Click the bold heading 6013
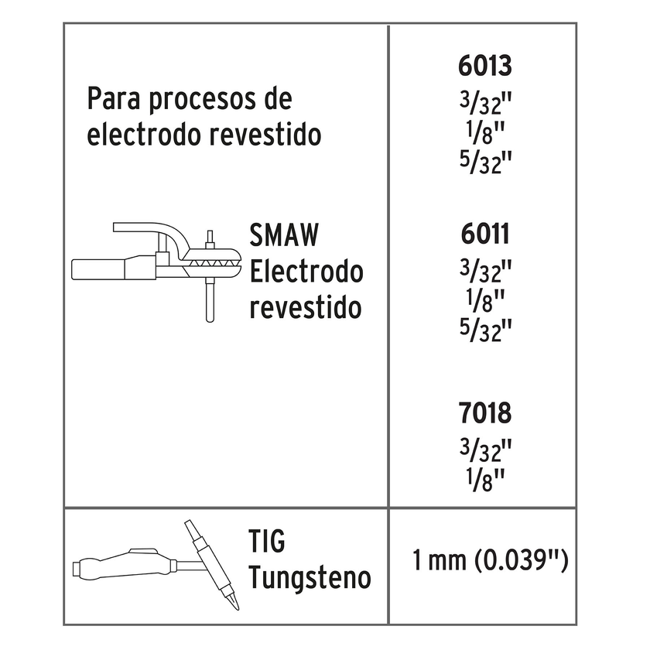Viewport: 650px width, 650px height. pyautogui.click(x=484, y=66)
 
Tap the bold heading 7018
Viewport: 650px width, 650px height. pyautogui.click(x=484, y=413)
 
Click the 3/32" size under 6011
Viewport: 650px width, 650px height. pyautogui.click(x=486, y=271)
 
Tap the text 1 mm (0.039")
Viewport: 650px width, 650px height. pyautogui.click(x=491, y=559)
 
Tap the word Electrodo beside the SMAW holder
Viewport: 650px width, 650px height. pyautogui.click(x=306, y=272)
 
